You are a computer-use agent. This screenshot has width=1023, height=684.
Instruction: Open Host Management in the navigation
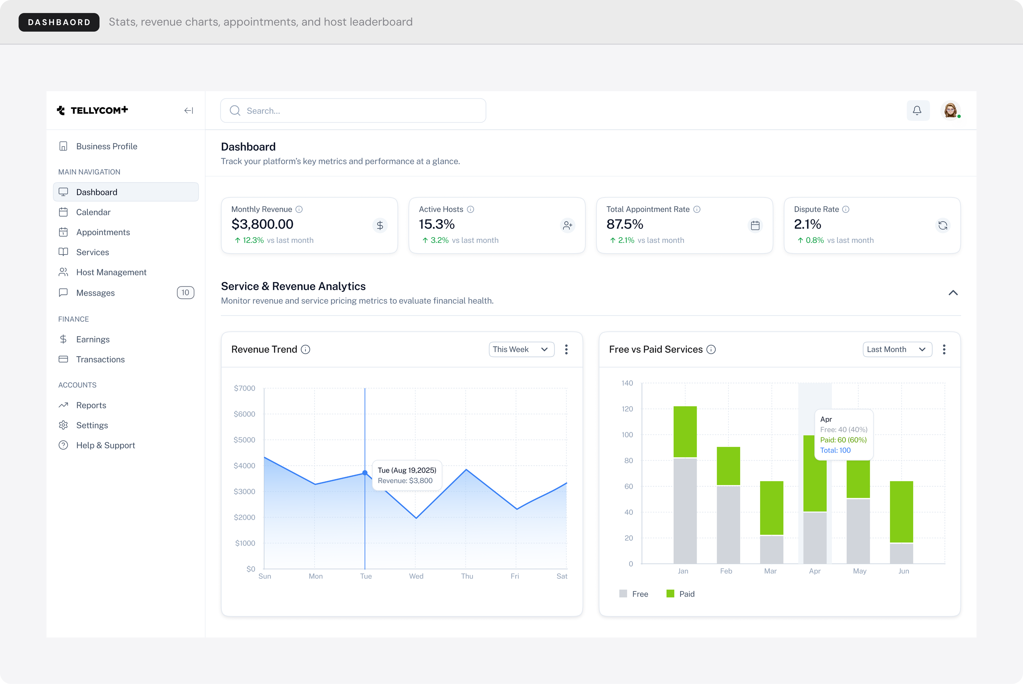tap(111, 272)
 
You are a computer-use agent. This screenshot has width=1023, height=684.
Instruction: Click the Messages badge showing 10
tap(185, 293)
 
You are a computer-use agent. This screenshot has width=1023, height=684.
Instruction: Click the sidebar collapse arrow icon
tap(189, 111)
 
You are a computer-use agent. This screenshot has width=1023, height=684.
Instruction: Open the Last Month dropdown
tap(897, 349)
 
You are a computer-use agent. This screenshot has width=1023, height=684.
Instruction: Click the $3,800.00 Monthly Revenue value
tap(262, 224)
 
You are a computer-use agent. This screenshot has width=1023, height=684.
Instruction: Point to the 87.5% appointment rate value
tap(625, 224)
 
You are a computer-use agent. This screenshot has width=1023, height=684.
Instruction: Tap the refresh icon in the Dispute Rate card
tap(943, 226)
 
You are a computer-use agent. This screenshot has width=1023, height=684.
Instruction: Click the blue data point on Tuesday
tap(365, 473)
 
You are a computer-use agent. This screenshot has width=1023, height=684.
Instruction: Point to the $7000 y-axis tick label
tap(244, 388)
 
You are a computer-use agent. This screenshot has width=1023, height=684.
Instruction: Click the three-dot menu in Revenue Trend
tap(566, 349)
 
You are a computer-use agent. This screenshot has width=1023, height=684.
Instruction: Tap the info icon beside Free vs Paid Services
tap(711, 349)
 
